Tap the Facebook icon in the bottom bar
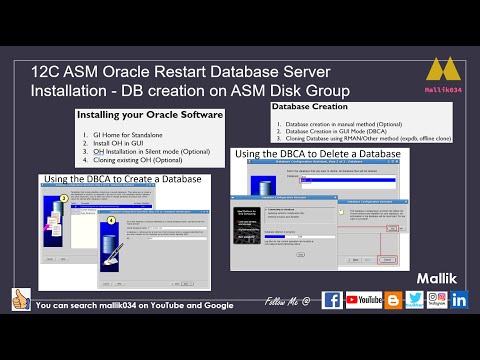tap(332, 300)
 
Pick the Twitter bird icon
tap(414, 300)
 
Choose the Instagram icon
tap(436, 300)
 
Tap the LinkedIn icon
tap(459, 300)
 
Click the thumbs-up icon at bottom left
tap(20, 299)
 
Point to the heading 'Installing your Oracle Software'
tap(149, 116)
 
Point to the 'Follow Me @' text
tap(287, 301)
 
